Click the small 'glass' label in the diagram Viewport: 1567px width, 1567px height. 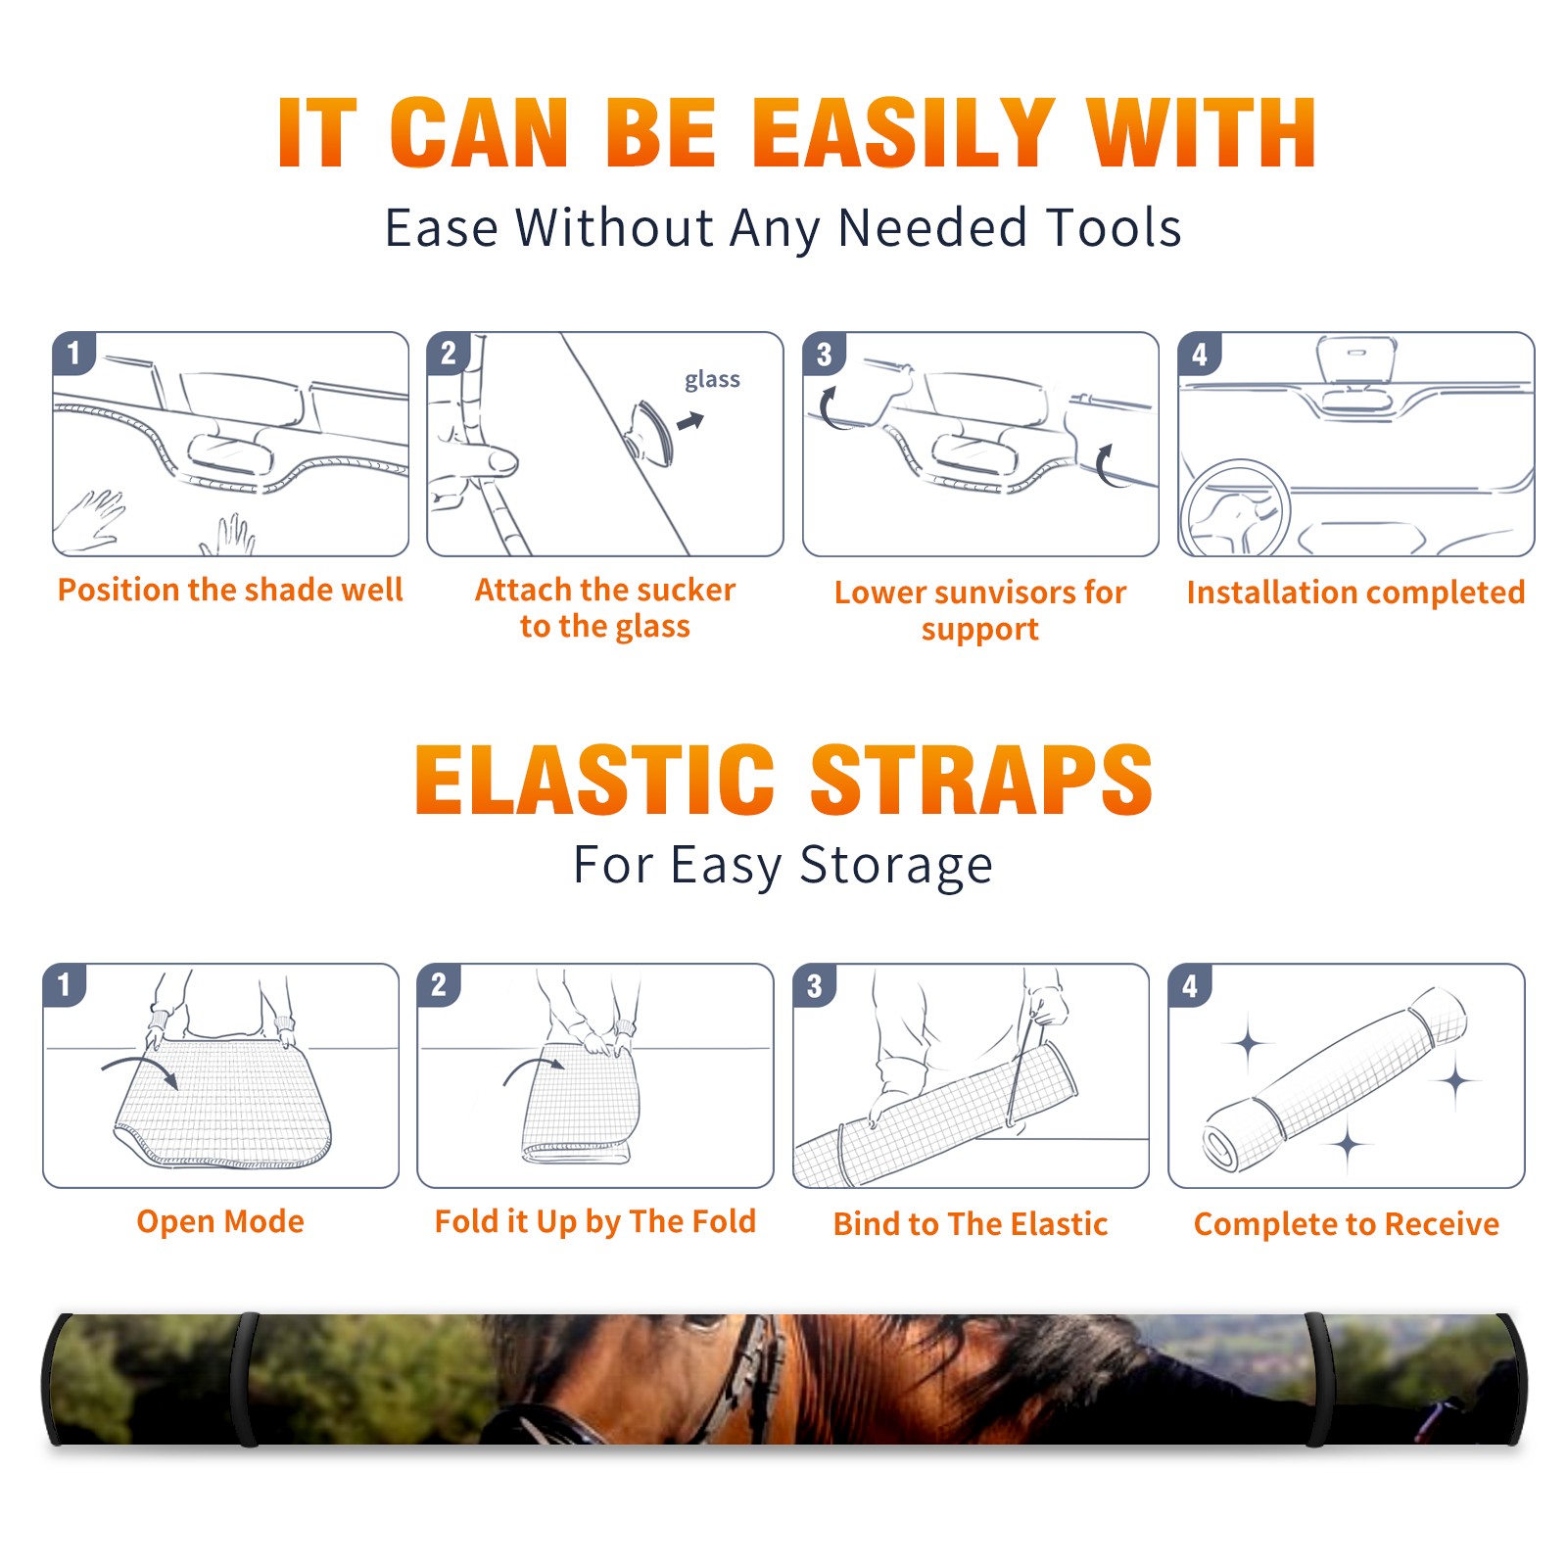pos(712,380)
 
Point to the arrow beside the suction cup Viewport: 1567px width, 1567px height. pos(690,421)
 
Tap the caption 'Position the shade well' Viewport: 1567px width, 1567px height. pos(230,590)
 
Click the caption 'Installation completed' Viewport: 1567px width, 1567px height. pos(1355,593)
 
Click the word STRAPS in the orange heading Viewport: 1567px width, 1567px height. pos(981,780)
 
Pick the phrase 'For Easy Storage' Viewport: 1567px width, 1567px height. pos(783,866)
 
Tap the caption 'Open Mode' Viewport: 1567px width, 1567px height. pos(220,1221)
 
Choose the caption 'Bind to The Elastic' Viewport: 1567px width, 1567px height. pos(971,1224)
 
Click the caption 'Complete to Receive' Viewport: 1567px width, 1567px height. pos(1347,1224)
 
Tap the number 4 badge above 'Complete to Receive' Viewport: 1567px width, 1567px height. pos(1190,985)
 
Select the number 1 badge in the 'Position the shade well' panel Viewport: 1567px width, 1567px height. pos(74,353)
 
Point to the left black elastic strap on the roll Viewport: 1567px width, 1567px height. pos(247,1379)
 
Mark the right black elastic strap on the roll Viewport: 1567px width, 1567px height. pos(1317,1379)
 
